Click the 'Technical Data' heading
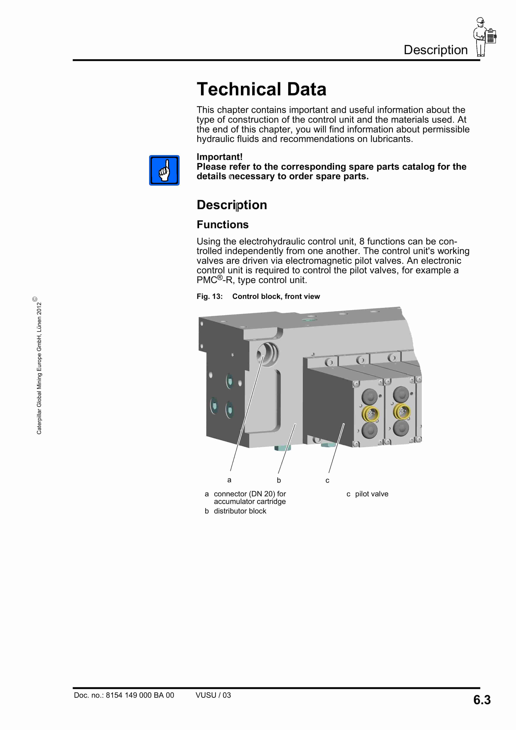pos(261,89)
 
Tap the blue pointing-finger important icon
pos(164,170)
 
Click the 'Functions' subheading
pos(222,225)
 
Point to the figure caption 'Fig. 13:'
pos(209,296)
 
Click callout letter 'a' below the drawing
pos(229,480)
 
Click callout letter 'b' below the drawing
pos(279,480)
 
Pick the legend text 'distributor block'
pos(240,511)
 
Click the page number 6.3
pos(482,700)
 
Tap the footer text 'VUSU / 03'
pos(213,695)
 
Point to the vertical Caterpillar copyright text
pos(39,366)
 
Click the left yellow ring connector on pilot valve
pos(370,413)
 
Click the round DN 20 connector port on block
pos(268,354)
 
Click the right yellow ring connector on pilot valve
pos(402,411)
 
